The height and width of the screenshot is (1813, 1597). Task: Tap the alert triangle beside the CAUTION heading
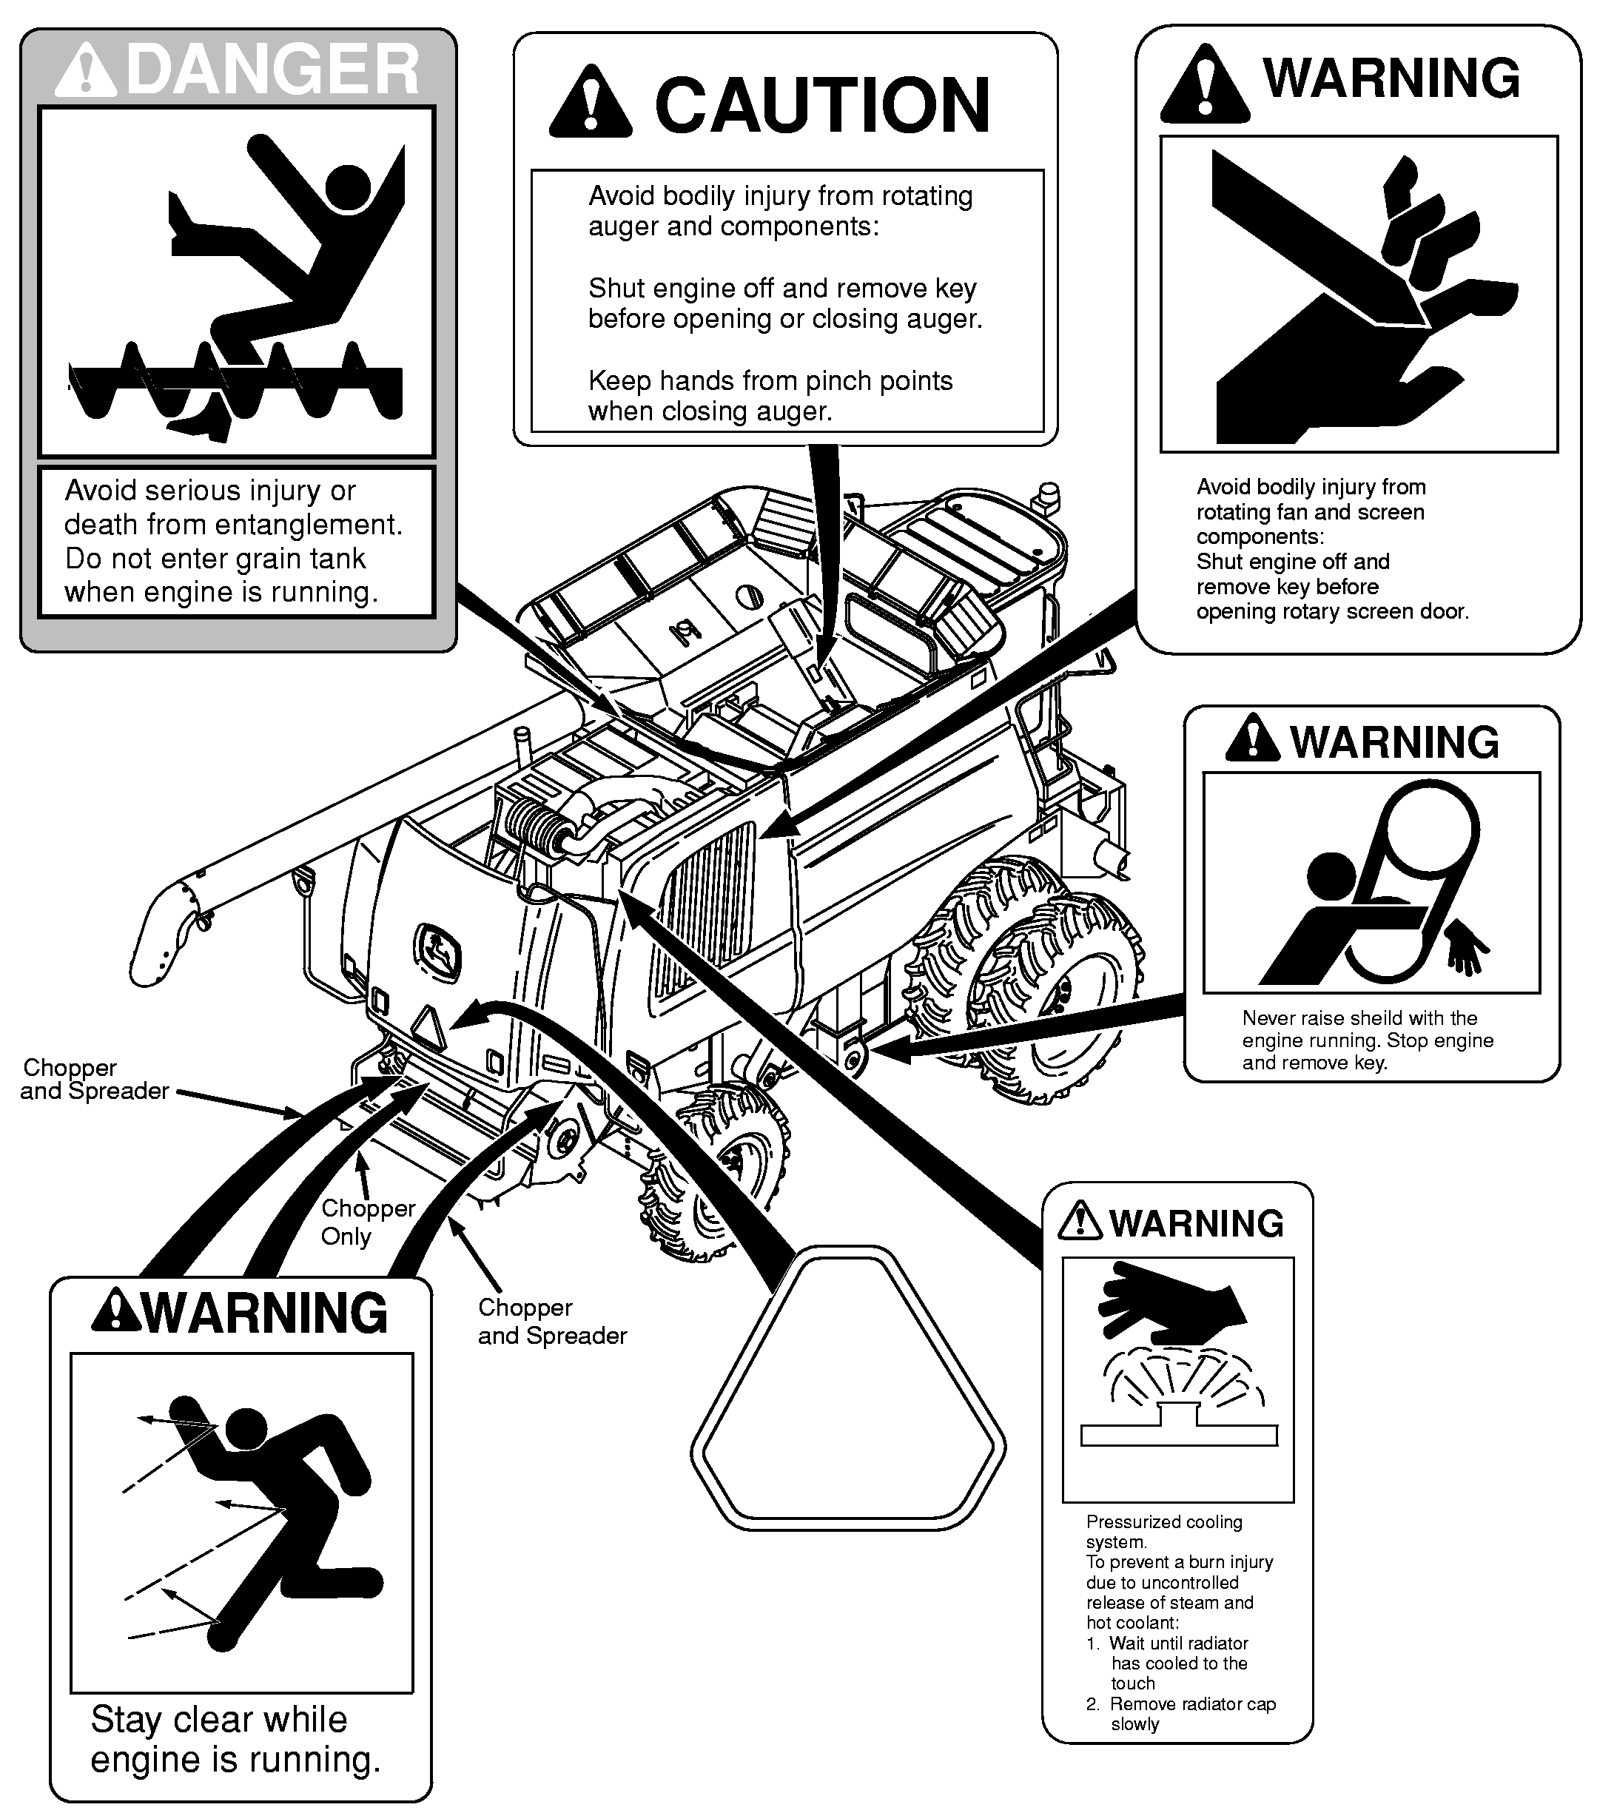pos(590,104)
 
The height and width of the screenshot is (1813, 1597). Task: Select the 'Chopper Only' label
pos(367,1222)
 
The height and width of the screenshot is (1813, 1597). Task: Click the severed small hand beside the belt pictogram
pos(1467,950)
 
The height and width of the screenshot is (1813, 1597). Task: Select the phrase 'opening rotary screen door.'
pos(1332,611)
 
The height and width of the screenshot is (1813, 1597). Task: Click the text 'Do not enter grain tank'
pos(215,559)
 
